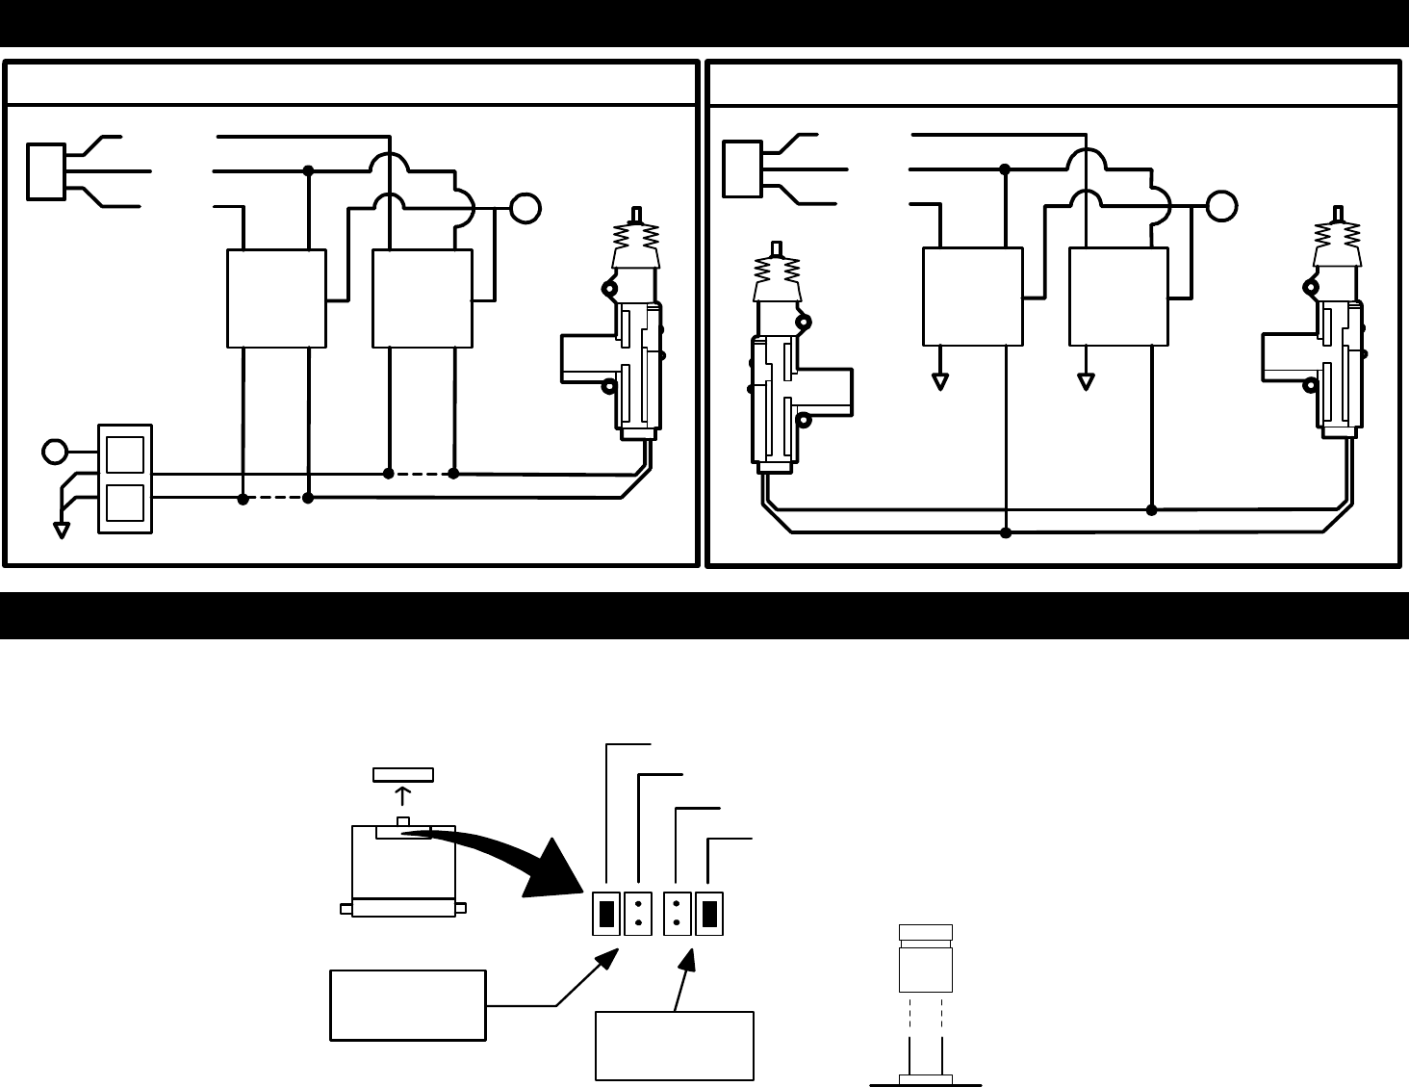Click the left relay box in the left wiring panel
tap(276, 298)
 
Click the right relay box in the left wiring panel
tap(423, 298)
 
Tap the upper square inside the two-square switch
tap(125, 454)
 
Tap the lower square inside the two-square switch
tap(125, 503)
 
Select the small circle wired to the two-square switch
tap(55, 451)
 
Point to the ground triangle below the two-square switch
tap(62, 530)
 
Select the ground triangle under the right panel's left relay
tap(940, 381)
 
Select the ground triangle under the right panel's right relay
tap(1086, 381)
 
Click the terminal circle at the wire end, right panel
tap(1221, 207)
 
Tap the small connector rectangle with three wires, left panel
tap(46, 171)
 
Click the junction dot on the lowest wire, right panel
tap(1006, 532)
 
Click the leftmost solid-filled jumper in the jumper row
tap(606, 914)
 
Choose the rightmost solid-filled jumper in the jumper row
tap(709, 914)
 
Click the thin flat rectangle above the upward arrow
tap(403, 774)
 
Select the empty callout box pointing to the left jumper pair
tap(407, 1005)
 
